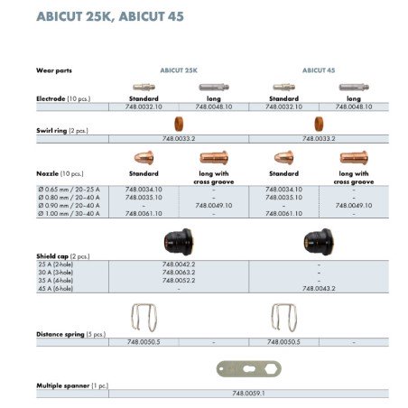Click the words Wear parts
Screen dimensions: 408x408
pyautogui.click(x=55, y=70)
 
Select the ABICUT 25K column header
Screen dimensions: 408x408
pyautogui.click(x=180, y=70)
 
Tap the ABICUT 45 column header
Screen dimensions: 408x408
pyautogui.click(x=319, y=70)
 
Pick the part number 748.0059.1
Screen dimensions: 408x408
pyautogui.click(x=248, y=394)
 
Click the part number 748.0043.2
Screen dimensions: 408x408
pyautogui.click(x=319, y=288)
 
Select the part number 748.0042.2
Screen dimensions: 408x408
pyautogui.click(x=179, y=264)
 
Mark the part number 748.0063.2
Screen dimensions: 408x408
pyautogui.click(x=179, y=272)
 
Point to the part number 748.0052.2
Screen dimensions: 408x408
pyautogui.click(x=179, y=280)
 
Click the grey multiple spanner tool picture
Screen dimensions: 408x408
pyautogui.click(x=246, y=370)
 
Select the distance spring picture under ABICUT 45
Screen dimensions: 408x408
pyautogui.click(x=284, y=318)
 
